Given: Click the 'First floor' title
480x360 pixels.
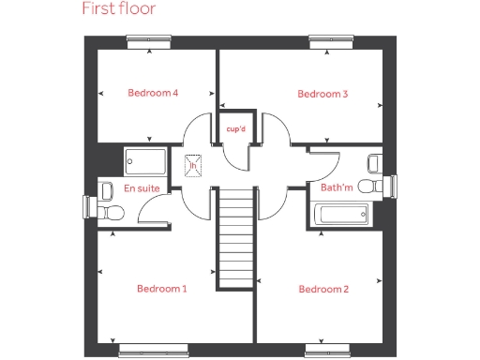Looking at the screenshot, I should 118,10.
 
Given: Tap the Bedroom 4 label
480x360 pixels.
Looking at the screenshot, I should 153,93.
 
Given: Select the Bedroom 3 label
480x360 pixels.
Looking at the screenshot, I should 322,94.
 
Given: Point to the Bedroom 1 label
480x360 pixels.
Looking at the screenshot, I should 161,289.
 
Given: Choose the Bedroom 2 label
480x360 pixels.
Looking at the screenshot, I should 323,289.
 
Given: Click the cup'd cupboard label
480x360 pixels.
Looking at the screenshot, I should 235,128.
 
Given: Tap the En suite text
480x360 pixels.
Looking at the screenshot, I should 142,188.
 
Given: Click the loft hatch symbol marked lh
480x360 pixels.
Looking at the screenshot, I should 194,165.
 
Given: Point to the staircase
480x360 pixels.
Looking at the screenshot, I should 236,238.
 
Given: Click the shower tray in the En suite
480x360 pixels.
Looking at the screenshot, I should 145,160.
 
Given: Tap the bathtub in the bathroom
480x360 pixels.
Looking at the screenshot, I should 344,216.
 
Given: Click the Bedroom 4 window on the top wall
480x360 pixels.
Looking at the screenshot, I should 151,39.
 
